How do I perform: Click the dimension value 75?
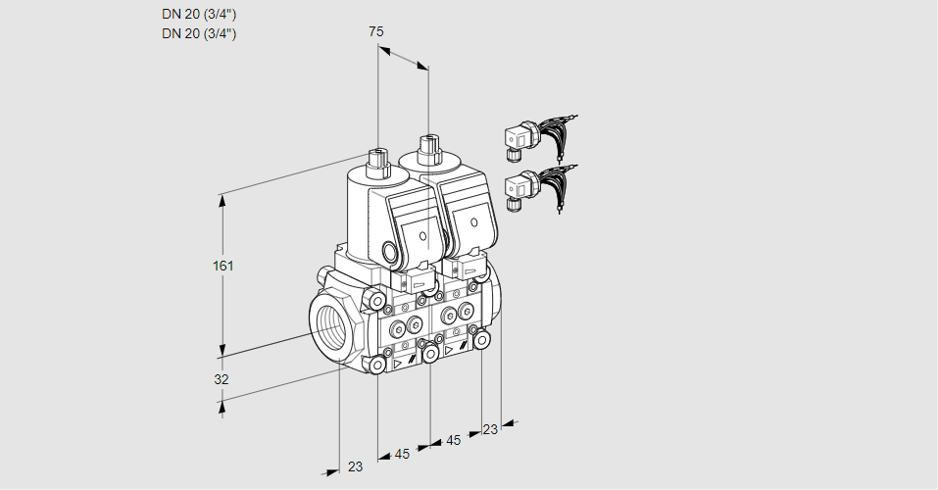(376, 31)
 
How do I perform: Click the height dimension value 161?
(224, 266)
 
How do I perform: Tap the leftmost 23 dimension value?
(355, 466)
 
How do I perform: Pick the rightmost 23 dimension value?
(490, 428)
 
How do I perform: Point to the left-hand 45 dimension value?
(402, 454)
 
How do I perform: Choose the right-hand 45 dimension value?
(453, 440)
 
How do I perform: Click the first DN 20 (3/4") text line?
(199, 15)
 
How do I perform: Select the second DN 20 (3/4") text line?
(199, 34)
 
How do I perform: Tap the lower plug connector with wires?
(536, 185)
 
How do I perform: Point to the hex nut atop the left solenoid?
(377, 157)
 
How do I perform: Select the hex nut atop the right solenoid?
(426, 149)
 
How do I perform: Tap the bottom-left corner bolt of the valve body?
(376, 365)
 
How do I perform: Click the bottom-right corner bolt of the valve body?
(482, 339)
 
